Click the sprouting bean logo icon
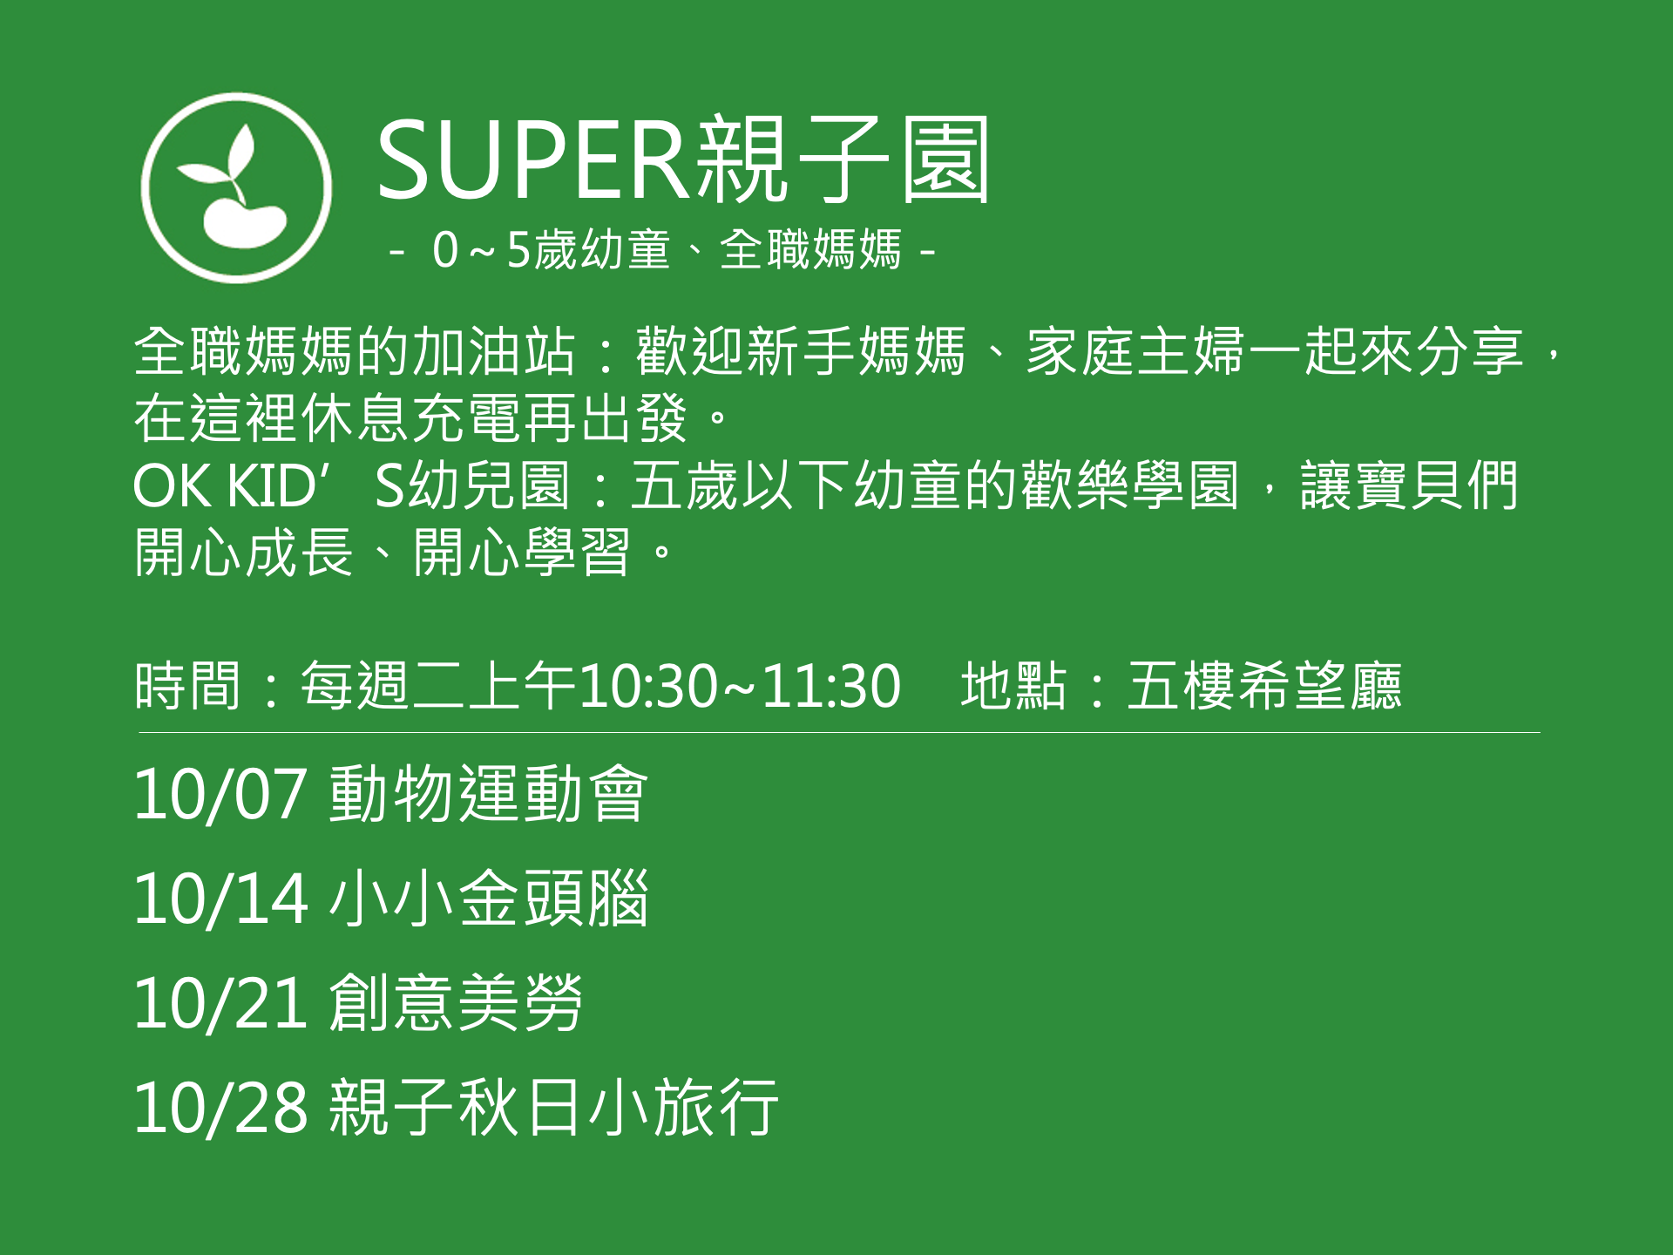point(236,188)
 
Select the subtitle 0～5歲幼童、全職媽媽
point(667,250)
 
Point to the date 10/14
point(220,899)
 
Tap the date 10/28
point(220,1108)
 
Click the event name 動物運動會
point(488,793)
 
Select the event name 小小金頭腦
point(488,898)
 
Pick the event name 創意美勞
point(456,1002)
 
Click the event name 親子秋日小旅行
point(553,1107)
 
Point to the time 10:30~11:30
point(740,686)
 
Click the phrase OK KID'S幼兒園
point(352,485)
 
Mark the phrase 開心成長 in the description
point(244,552)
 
